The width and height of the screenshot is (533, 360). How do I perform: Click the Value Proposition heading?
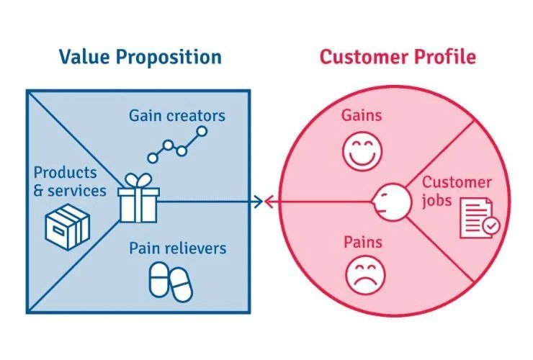tap(140, 57)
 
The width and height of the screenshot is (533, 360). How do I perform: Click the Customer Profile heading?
tap(398, 57)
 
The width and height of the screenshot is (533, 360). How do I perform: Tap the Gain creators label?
tap(177, 115)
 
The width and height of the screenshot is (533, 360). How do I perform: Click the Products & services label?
tap(70, 181)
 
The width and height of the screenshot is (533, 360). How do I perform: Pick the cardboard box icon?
tap(67, 226)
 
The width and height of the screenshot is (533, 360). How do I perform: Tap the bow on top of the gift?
tap(138, 179)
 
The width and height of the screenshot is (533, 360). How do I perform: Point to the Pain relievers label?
tap(177, 248)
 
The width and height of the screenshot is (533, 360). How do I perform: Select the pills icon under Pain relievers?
tap(171, 282)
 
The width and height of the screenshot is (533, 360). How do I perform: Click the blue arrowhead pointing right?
tap(259, 202)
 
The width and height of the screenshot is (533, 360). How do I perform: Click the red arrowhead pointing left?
tap(270, 202)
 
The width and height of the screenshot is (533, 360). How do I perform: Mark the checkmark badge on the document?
tap(490, 226)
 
